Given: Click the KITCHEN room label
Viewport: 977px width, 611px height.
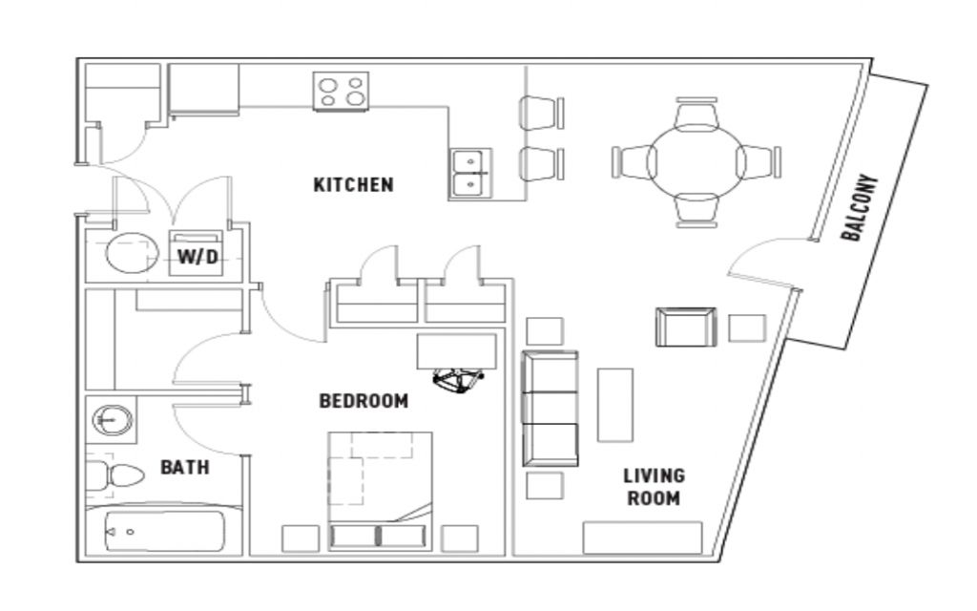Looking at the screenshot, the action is (353, 184).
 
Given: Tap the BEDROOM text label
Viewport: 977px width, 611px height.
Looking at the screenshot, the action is (364, 400).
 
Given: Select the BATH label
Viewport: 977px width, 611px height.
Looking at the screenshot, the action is (184, 467).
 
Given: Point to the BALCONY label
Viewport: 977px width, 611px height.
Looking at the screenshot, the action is (860, 207).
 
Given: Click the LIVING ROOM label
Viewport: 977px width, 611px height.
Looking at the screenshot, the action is (654, 487).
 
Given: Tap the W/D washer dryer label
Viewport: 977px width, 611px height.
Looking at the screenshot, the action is (198, 256).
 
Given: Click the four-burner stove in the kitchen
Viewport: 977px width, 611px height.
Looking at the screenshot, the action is (341, 92).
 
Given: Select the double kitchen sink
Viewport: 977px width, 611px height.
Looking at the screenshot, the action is (470, 173).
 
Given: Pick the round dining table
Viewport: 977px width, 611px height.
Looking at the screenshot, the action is (696, 162).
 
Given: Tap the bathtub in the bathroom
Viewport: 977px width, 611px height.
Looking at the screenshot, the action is (164, 532).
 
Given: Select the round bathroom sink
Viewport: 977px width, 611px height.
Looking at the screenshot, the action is (113, 420).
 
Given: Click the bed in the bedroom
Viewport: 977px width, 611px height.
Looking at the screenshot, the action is (380, 491).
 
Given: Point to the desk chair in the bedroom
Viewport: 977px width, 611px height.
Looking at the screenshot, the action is (459, 380).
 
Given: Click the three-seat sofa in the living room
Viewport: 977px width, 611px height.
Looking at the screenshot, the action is (550, 409).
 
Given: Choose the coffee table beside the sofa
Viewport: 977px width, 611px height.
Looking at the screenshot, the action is (615, 405).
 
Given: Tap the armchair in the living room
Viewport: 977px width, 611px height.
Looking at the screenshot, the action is (685, 327).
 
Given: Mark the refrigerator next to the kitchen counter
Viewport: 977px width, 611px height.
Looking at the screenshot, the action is (204, 90).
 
